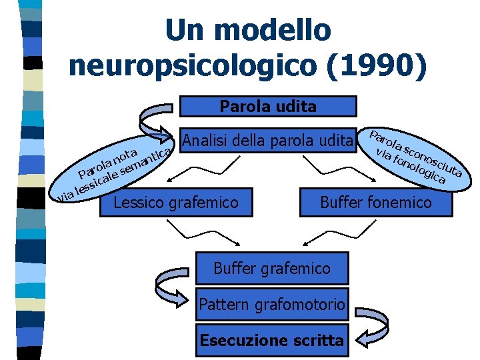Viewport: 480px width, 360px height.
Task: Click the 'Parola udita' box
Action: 268,107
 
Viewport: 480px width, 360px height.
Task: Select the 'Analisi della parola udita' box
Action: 267,141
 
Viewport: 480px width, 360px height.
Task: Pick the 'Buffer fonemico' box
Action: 376,202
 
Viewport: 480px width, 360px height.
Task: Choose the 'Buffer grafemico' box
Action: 271,269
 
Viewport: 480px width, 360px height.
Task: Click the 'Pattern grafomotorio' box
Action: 272,305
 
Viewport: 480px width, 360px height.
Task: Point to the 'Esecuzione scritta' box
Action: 272,340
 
